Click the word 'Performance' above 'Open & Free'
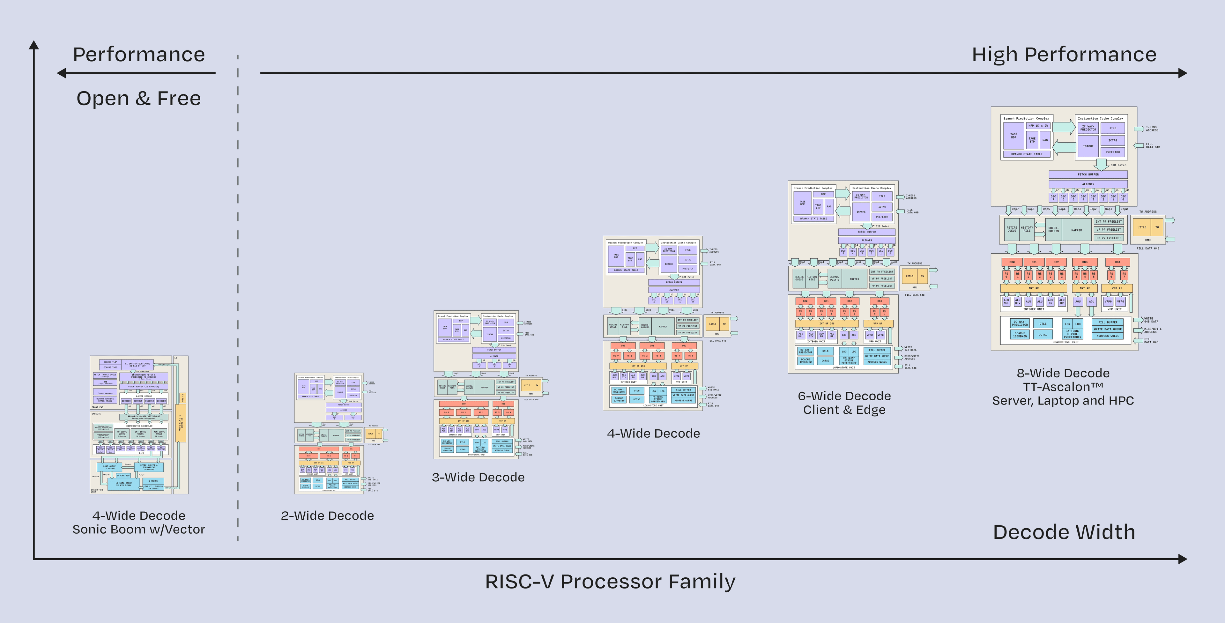[138, 55]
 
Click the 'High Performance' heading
[1064, 55]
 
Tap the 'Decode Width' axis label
[1064, 532]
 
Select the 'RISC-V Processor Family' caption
[610, 582]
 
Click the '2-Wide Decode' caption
[327, 515]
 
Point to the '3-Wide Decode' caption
[478, 477]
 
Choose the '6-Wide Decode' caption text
[844, 396]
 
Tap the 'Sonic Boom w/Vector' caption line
[138, 529]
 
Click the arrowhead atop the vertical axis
[34, 45]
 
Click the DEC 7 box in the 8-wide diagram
[1053, 197]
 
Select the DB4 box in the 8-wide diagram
[1117, 262]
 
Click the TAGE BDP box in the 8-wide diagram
[1014, 136]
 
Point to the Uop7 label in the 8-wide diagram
[1015, 209]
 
